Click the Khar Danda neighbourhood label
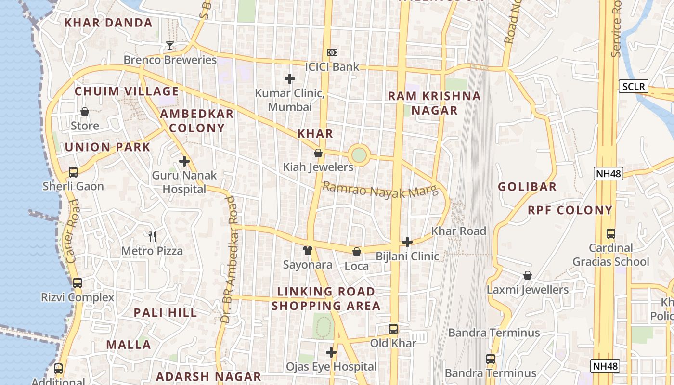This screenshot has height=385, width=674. pyautogui.click(x=108, y=23)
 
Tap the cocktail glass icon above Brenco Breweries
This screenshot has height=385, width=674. pyautogui.click(x=169, y=46)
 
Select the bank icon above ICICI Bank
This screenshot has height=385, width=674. pyautogui.click(x=332, y=52)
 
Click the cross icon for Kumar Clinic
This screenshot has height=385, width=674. pyautogui.click(x=290, y=78)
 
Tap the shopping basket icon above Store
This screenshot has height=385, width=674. pyautogui.click(x=85, y=112)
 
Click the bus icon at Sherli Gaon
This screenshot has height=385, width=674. pyautogui.click(x=73, y=172)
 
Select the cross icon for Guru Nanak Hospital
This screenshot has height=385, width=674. pyautogui.click(x=184, y=161)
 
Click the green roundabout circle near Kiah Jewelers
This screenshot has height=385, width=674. pyautogui.click(x=359, y=155)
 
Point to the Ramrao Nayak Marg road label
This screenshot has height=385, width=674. pyautogui.click(x=380, y=190)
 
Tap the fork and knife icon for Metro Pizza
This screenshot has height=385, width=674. pyautogui.click(x=152, y=236)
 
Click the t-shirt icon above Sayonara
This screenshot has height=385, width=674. pyautogui.click(x=308, y=250)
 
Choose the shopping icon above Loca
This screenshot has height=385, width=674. pyautogui.click(x=357, y=252)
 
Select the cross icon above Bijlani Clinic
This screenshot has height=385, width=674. pyautogui.click(x=407, y=242)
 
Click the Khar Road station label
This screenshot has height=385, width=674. pyautogui.click(x=458, y=231)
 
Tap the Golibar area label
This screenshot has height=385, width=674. pyautogui.click(x=527, y=187)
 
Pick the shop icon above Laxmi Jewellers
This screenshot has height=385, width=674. pyautogui.click(x=528, y=275)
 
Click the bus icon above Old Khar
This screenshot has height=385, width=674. pyautogui.click(x=393, y=329)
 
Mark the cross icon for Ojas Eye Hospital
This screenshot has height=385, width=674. pyautogui.click(x=331, y=352)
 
